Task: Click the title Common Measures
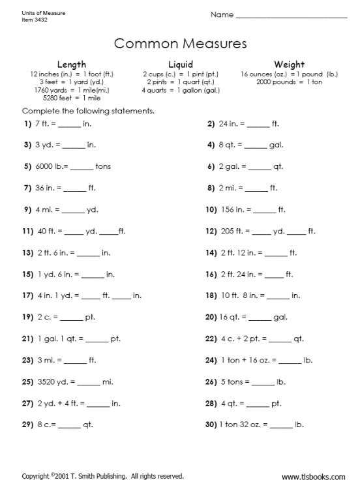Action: [181, 44]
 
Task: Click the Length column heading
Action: [72, 65]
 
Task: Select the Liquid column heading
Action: [181, 65]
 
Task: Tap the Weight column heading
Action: [289, 65]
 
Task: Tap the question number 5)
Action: [27, 166]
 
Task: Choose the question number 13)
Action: [27, 252]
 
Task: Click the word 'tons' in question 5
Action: [103, 166]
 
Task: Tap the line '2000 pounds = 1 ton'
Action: [289, 82]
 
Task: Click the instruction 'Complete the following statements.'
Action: [89, 111]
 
